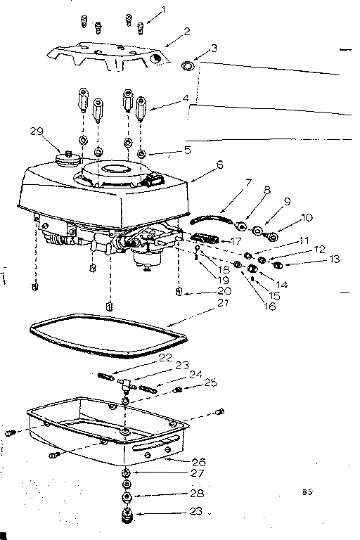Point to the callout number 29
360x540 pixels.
coord(37,131)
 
